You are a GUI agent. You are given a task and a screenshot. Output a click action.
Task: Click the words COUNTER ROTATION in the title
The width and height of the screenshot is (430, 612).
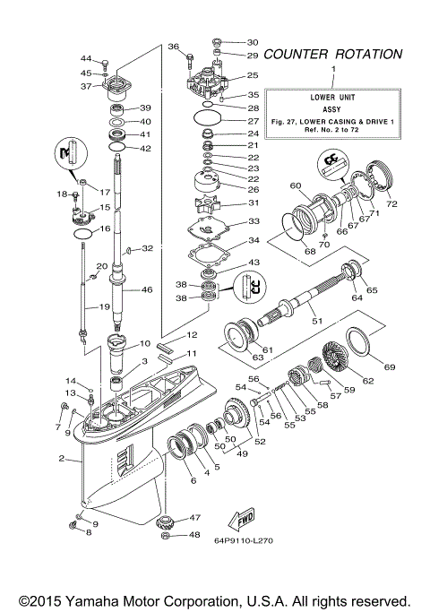tap(332, 54)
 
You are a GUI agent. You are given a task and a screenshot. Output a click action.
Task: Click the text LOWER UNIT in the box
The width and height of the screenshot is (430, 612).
tap(332, 94)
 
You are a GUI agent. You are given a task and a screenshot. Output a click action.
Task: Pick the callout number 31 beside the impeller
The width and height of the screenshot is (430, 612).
tap(253, 203)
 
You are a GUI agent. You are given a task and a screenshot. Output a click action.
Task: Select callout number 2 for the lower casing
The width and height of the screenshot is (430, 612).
tap(61, 460)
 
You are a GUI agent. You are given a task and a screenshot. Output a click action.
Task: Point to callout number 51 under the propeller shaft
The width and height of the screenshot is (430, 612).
tap(314, 320)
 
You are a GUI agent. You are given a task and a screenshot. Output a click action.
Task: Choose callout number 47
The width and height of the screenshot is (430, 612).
tap(194, 517)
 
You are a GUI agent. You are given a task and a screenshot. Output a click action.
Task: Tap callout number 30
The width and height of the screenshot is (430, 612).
tap(252, 42)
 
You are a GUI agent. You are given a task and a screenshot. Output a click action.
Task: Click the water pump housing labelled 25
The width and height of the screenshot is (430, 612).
tap(218, 83)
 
